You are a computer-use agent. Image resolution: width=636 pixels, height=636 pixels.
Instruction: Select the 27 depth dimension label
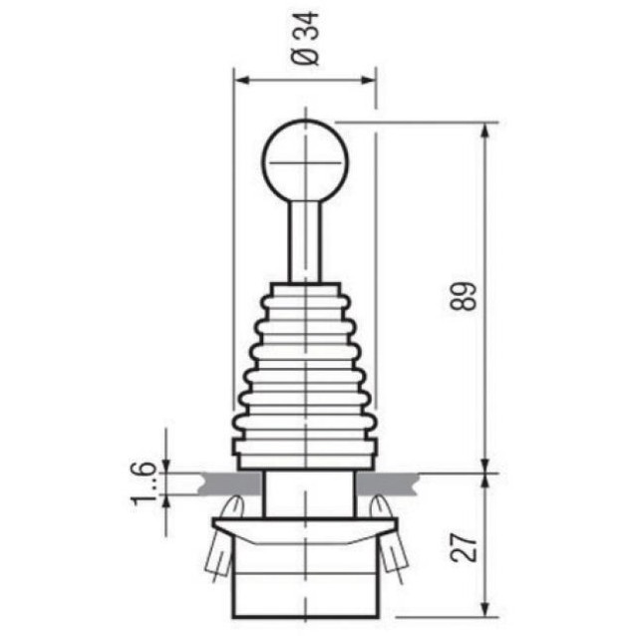pos(463,544)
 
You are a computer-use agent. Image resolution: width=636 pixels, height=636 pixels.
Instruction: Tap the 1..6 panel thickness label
pos(144,483)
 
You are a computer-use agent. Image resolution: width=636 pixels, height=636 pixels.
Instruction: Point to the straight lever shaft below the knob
pos(305,239)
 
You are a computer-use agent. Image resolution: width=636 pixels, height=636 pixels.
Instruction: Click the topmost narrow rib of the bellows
pos(305,290)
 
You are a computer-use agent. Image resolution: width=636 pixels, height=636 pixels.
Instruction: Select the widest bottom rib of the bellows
pos(305,445)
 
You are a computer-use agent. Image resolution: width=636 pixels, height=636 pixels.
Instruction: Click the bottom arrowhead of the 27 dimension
pos(485,609)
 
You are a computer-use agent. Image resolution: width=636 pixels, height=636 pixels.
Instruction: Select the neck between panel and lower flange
pos(307,494)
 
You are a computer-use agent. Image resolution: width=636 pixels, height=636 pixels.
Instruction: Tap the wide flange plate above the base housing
pos(305,524)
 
